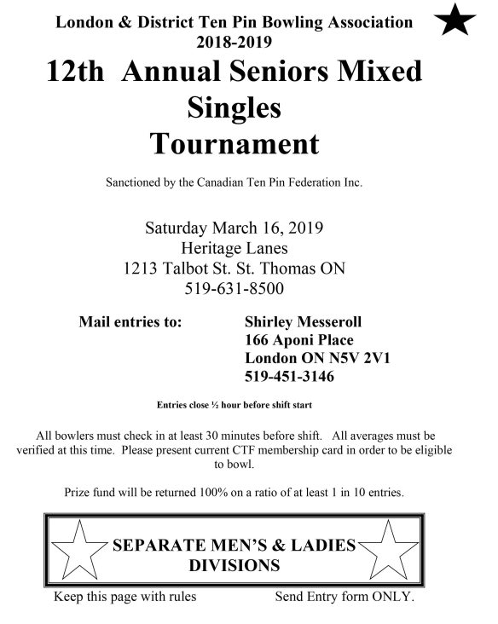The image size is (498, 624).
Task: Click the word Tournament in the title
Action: coord(235,142)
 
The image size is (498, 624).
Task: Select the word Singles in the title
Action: coord(234,107)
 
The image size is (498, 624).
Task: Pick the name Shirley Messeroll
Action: coord(303,322)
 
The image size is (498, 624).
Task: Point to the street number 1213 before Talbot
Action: coord(143,269)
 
